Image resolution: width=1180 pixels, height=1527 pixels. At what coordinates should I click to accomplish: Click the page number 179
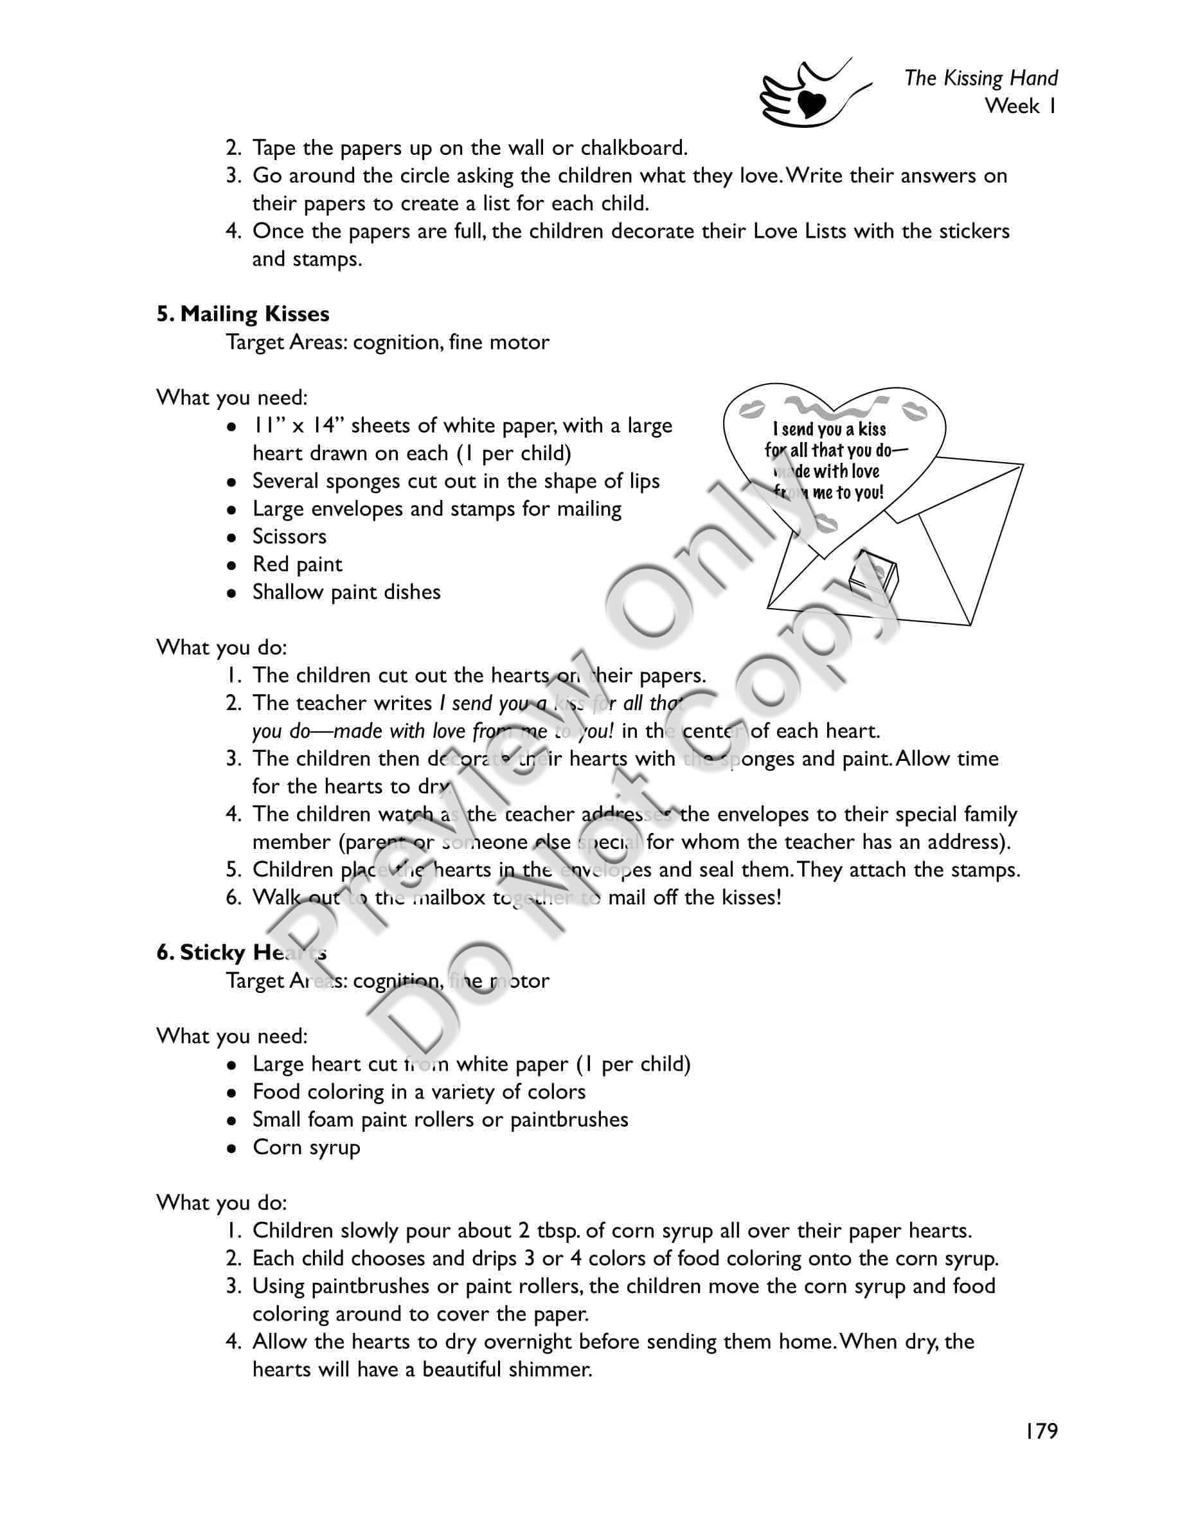coord(1042,1431)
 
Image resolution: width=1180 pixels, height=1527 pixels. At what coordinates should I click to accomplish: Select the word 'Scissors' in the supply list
coord(289,536)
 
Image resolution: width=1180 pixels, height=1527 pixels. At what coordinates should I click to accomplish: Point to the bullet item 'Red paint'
coord(297,564)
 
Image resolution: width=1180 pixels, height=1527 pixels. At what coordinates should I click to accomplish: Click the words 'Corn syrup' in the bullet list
coord(306,1147)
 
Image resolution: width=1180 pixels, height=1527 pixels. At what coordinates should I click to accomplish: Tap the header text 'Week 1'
coord(1021,106)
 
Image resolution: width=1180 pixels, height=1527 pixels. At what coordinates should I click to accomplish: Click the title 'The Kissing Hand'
coord(981,78)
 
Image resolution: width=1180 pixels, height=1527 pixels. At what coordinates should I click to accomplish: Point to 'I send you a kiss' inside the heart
coord(829,429)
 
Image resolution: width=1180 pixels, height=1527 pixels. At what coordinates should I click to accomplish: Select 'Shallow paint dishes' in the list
coord(346,592)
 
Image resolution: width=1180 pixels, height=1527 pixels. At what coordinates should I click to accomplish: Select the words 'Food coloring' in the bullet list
coord(329,1091)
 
